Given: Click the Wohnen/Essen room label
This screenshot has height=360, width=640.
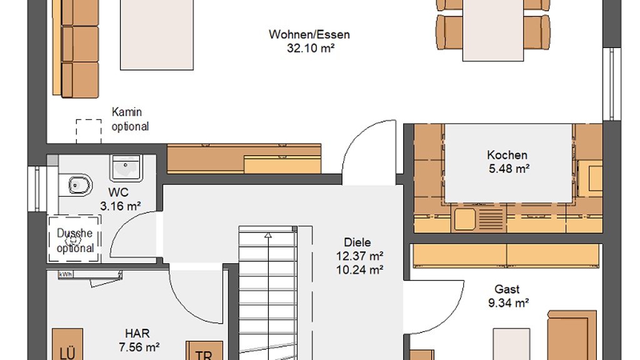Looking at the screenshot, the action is pos(309,35).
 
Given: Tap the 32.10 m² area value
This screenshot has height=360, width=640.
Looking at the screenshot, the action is pos(311,48).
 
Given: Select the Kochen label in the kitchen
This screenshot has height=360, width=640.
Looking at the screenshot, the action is pos(507,155).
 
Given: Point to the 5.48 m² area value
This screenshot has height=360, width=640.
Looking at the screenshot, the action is pos(509,169).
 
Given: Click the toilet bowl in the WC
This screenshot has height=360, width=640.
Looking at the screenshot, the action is pos(76,185).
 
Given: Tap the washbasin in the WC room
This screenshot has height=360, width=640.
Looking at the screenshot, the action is pos(126,167).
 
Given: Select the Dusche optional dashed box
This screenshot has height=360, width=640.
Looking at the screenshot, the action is pos(74,239).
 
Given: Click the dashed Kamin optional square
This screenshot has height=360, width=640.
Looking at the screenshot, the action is pos(89,131).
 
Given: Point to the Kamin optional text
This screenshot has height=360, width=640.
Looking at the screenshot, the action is pos(130,119).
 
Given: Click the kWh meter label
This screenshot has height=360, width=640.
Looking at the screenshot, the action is pos(66,274).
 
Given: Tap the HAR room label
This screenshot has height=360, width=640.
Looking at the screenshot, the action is pos(137,334).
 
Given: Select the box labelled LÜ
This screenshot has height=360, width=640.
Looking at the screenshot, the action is pos(67,344).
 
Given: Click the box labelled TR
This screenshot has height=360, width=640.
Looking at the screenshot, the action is pos(204,351).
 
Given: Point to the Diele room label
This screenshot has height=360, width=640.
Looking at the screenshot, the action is pos(357,242).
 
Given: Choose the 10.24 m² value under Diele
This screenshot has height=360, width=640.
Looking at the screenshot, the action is pos(359,270).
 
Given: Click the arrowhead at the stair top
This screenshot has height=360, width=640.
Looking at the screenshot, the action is pos(268,235).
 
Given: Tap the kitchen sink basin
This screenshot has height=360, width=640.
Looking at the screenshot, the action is pos(465,219).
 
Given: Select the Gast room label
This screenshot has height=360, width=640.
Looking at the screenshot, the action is pos(507,289).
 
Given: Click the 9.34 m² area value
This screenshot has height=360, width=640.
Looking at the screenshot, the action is pos(509,303).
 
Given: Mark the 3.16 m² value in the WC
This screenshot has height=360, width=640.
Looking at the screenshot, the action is pos(121,206).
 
